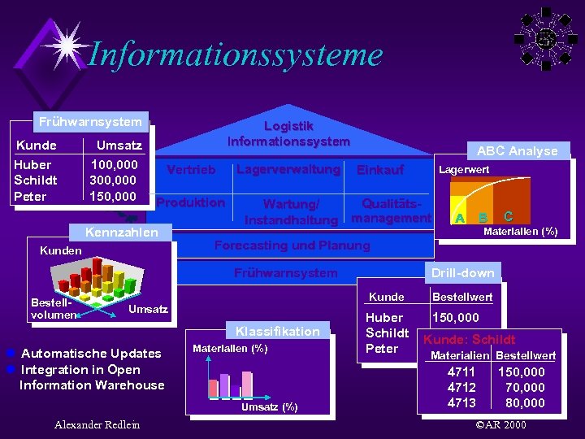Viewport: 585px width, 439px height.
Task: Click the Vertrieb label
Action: pyautogui.click(x=191, y=170)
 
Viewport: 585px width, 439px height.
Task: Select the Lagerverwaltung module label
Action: pyautogui.click(x=288, y=169)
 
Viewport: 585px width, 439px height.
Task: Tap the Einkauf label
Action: pyautogui.click(x=380, y=170)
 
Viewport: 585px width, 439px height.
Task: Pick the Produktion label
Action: pyautogui.click(x=191, y=202)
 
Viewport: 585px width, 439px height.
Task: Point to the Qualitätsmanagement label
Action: pyautogui.click(x=396, y=211)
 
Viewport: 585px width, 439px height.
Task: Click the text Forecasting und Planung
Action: pyautogui.click(x=292, y=246)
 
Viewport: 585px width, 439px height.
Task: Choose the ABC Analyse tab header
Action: pyautogui.click(x=517, y=151)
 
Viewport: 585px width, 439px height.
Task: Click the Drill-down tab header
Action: pyautogui.click(x=462, y=272)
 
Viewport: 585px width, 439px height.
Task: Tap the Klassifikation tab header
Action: pyautogui.click(x=277, y=331)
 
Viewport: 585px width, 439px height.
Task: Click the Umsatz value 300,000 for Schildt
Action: pyautogui.click(x=113, y=180)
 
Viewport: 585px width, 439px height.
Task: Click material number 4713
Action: pyautogui.click(x=462, y=403)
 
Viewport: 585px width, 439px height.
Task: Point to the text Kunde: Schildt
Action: pyautogui.click(x=470, y=340)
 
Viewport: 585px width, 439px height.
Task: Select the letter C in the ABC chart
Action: pyautogui.click(x=508, y=216)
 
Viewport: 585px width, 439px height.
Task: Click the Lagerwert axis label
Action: pyautogui.click(x=464, y=170)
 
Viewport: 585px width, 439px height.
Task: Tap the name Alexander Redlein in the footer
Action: pyautogui.click(x=97, y=425)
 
